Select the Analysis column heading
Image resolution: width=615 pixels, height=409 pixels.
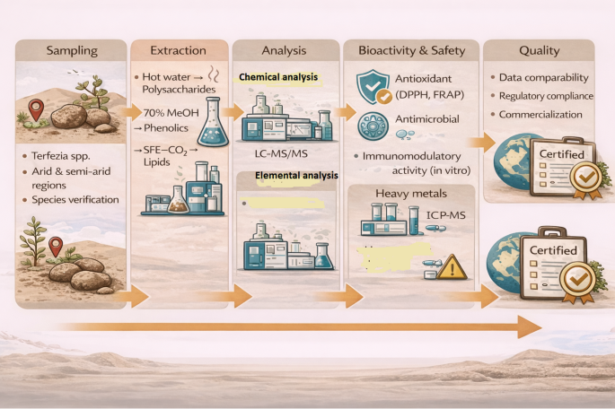(x=285, y=51)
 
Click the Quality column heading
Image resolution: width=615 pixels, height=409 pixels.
(x=539, y=51)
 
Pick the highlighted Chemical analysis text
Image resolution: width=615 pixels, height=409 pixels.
(x=277, y=78)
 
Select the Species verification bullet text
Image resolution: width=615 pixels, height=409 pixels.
(x=74, y=201)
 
